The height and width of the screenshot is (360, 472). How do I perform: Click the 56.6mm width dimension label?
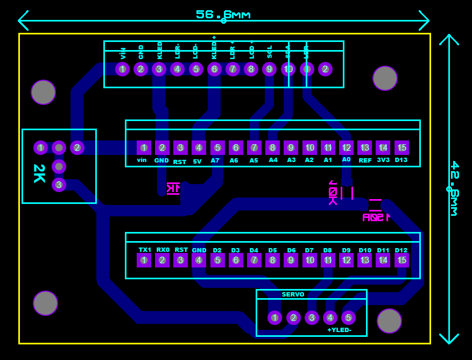pyautogui.click(x=223, y=15)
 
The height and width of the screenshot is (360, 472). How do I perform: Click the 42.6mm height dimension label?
pyautogui.click(x=454, y=188)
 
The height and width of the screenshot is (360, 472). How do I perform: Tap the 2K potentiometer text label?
pyautogui.click(x=39, y=173)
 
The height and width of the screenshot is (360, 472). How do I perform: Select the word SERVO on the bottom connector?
pyautogui.click(x=293, y=294)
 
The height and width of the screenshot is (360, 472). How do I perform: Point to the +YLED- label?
pyautogui.click(x=339, y=330)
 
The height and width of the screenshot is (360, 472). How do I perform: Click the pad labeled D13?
pyautogui.click(x=401, y=148)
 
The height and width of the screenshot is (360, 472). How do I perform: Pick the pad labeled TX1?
pyautogui.click(x=144, y=260)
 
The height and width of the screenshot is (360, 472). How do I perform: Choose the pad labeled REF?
pyautogui.click(x=365, y=148)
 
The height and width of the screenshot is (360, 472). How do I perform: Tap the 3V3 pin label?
pyautogui.click(x=383, y=160)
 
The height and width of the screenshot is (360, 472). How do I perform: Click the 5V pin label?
pyautogui.click(x=198, y=161)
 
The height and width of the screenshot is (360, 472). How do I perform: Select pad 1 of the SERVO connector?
pyautogui.click(x=275, y=317)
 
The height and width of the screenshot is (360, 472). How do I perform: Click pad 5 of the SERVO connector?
pyautogui.click(x=348, y=317)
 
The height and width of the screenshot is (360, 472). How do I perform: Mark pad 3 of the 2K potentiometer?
pyautogui.click(x=59, y=185)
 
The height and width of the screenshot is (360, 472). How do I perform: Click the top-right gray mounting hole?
pyautogui.click(x=385, y=79)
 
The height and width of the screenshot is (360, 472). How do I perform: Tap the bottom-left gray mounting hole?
pyautogui.click(x=45, y=303)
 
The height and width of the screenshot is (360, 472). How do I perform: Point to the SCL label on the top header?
pyautogui.click(x=270, y=52)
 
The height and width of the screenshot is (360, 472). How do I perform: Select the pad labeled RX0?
pyautogui.click(x=163, y=260)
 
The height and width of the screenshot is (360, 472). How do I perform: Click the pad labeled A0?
pyautogui.click(x=346, y=148)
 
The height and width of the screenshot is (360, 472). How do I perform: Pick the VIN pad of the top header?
pyautogui.click(x=123, y=69)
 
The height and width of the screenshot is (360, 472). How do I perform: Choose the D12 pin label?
pyautogui.click(x=401, y=250)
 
